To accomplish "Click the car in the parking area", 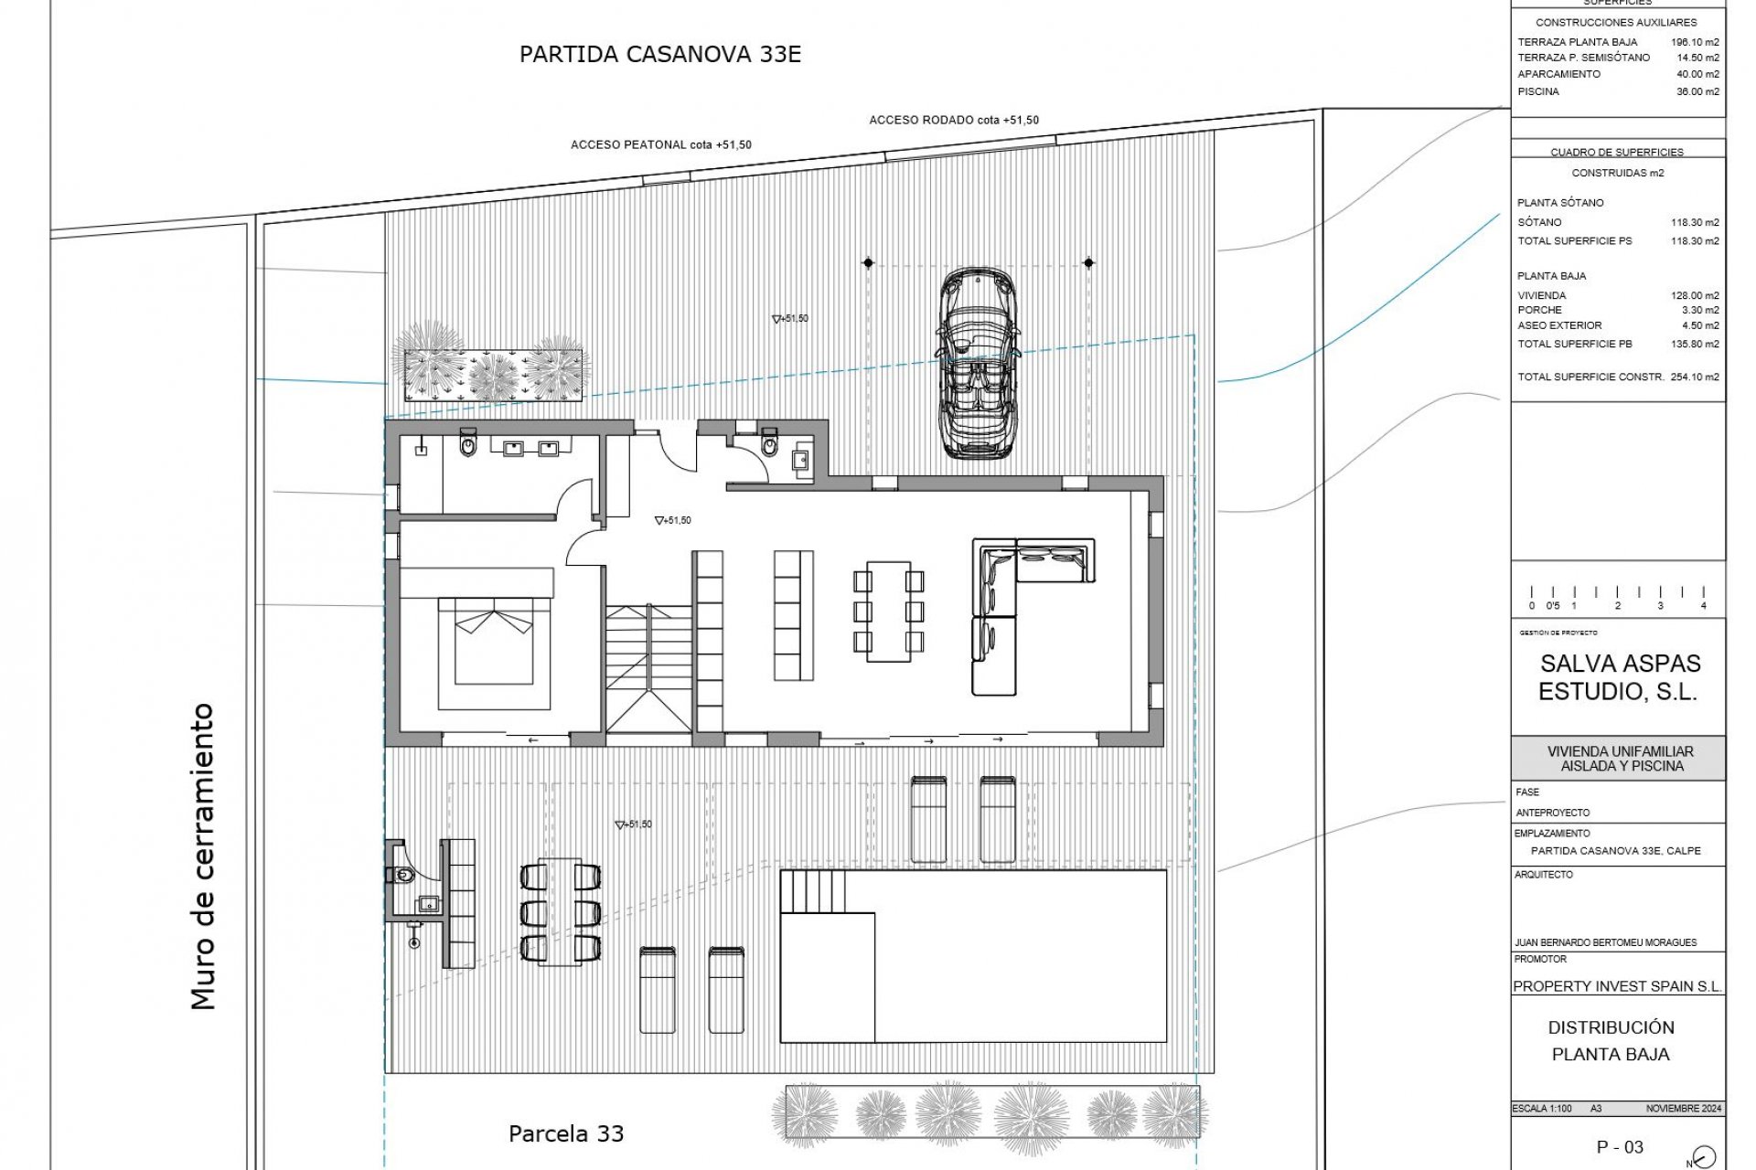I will (977, 361).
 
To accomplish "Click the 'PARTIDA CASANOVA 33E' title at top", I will (659, 54).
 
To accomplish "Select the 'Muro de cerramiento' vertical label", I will (203, 856).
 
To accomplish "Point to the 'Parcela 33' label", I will (566, 1134).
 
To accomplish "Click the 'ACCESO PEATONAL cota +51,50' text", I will (660, 145).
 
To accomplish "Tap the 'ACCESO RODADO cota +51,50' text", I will (953, 121).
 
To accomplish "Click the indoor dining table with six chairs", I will (888, 611).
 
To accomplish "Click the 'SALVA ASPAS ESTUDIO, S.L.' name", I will (1619, 677).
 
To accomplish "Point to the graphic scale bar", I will (1617, 598).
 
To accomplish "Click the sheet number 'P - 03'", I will (1620, 1146).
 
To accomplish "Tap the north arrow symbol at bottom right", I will (1704, 1156).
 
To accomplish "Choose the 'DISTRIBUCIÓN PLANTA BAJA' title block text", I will (1611, 1040).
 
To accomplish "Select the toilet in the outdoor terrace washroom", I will (403, 876).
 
